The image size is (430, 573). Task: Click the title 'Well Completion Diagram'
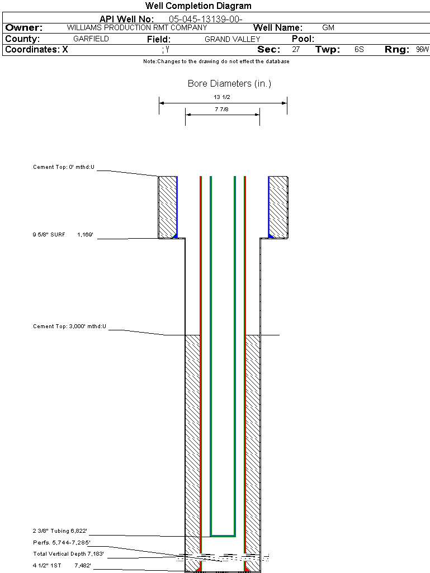pos(199,6)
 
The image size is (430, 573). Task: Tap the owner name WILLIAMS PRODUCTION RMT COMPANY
pos(137,27)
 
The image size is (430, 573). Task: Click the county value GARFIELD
pos(91,39)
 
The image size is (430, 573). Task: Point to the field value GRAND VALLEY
pos(233,39)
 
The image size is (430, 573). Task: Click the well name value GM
pos(328,27)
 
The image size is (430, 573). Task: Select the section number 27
pos(296,49)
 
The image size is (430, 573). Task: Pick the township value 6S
pos(359,49)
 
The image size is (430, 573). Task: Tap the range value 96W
pos(422,49)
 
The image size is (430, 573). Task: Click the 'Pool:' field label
pos(303,39)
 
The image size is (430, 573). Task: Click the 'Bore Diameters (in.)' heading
pos(229,84)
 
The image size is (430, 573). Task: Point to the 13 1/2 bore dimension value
pos(222,97)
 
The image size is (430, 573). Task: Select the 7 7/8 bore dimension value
pos(222,110)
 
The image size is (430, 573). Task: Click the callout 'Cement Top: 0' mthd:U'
pos(64,167)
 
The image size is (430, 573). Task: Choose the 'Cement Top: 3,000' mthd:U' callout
pos(69,326)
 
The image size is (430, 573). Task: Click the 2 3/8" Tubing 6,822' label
pos(60,531)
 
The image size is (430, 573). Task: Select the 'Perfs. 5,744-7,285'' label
pos(62,542)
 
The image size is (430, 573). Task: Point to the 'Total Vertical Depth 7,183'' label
pos(68,554)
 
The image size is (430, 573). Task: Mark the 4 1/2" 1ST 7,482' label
pos(62,566)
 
